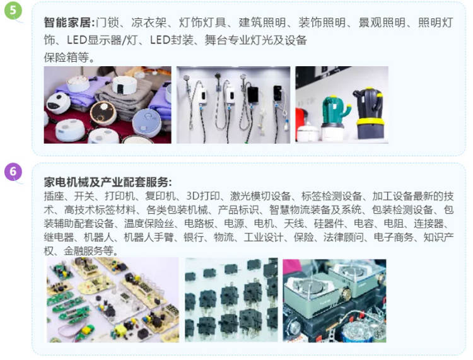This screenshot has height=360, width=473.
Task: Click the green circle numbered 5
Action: tap(13, 10)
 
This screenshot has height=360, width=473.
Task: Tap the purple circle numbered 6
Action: tap(13, 171)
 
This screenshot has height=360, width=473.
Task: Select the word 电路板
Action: tap(199, 223)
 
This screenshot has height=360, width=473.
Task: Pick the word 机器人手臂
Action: tap(148, 237)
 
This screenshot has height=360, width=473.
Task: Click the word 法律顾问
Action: tap(344, 237)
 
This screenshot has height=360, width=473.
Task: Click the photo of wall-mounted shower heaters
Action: tap(233, 105)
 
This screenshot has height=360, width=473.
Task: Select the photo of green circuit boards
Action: tap(113, 300)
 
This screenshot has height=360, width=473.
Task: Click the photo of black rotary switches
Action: tap(231, 300)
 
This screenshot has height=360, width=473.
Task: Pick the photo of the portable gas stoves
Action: tap(334, 301)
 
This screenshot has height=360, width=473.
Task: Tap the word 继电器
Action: tap(59, 237)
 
